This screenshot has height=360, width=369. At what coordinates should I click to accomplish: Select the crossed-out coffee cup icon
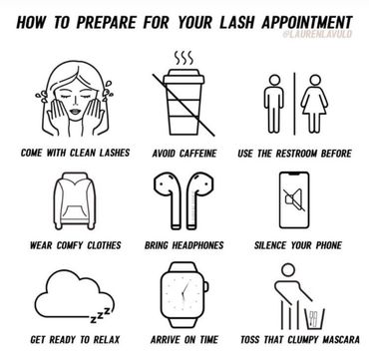click(184, 103)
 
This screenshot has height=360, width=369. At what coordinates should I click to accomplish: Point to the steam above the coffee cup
click(184, 59)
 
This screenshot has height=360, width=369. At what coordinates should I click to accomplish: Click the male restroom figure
click(274, 104)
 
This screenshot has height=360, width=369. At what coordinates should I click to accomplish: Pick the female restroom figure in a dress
click(315, 104)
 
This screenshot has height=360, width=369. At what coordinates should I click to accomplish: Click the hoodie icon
click(75, 200)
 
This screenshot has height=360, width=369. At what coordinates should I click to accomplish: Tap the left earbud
click(169, 200)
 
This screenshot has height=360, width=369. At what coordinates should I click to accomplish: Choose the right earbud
click(199, 200)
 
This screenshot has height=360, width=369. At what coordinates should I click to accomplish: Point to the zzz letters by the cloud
click(102, 314)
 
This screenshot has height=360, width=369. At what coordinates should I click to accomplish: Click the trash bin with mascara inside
click(314, 318)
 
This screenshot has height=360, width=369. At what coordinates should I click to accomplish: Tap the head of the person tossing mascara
click(288, 270)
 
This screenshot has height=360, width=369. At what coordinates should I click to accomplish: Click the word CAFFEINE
click(198, 154)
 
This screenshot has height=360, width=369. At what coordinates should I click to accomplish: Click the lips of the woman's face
click(75, 112)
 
